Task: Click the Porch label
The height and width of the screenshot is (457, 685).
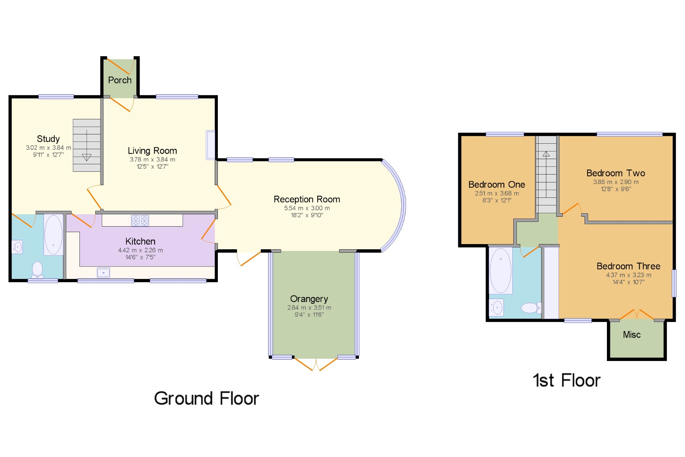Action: tap(120, 80)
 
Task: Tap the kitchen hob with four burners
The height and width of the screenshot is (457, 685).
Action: tap(140, 220)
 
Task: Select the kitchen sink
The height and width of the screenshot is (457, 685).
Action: tap(103, 273)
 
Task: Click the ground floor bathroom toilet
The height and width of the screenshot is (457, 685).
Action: tap(37, 270)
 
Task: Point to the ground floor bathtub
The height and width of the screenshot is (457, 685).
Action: tap(53, 235)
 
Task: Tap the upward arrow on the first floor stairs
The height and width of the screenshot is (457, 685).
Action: tap(546, 154)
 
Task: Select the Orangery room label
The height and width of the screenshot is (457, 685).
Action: tap(309, 299)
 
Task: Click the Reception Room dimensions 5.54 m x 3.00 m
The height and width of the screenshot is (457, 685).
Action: tap(307, 208)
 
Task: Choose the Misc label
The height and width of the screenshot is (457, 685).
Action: tap(632, 335)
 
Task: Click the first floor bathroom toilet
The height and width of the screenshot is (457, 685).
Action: tap(531, 308)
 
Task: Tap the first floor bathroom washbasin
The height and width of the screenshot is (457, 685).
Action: tap(496, 308)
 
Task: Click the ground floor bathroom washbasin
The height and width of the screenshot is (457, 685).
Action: tap(17, 247)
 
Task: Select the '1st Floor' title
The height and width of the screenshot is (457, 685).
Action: tap(566, 381)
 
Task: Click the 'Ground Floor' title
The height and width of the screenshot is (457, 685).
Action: tap(207, 398)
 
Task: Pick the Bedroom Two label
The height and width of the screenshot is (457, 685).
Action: tap(616, 173)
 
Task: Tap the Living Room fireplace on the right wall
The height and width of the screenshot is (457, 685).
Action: tap(210, 145)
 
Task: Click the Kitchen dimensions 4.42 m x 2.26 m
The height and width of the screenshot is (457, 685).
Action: tap(140, 250)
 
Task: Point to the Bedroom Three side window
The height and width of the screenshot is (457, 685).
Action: tap(674, 283)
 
